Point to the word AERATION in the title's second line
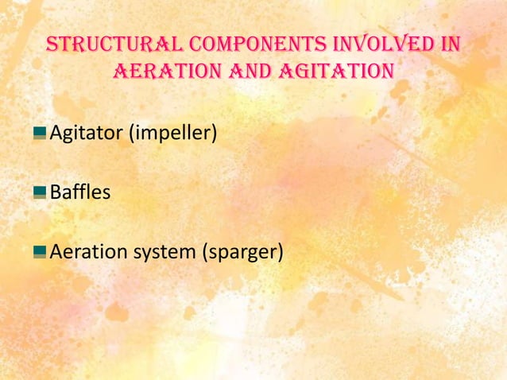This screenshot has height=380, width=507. pyautogui.click(x=165, y=72)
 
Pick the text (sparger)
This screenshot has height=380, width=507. pyautogui.click(x=245, y=254)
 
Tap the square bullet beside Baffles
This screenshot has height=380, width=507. pyautogui.click(x=40, y=192)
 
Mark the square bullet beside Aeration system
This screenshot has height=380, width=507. pyautogui.click(x=40, y=252)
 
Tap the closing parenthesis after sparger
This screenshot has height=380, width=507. pyautogui.click(x=281, y=254)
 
